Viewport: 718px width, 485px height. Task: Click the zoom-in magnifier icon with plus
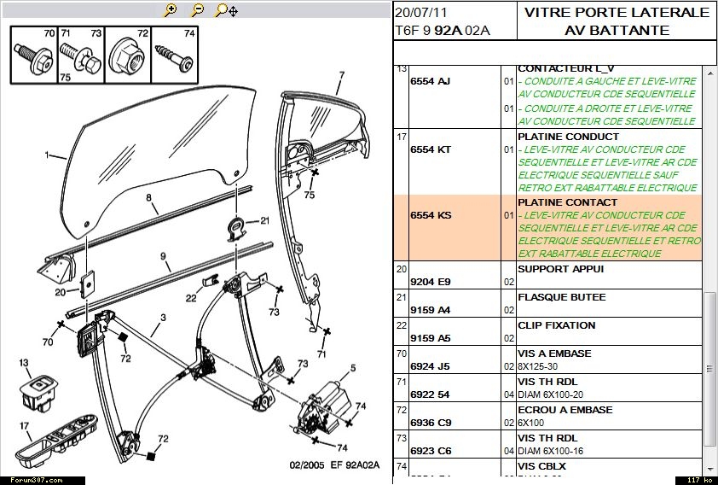click(171, 10)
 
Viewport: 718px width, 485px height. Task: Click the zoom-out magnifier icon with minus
click(197, 10)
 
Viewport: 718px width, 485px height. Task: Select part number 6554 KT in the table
click(431, 149)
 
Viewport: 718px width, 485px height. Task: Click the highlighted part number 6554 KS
click(431, 215)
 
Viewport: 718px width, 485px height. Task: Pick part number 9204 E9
click(431, 281)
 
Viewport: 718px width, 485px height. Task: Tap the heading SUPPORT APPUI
click(560, 269)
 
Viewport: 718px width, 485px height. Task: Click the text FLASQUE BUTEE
click(561, 297)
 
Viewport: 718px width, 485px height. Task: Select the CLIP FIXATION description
click(556, 325)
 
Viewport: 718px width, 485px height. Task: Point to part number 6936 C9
click(431, 422)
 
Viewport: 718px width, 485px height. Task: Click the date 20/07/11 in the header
click(420, 13)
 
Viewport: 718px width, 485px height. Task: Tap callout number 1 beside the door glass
click(47, 155)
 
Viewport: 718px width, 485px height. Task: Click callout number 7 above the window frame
click(340, 75)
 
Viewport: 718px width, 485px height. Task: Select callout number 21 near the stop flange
click(264, 220)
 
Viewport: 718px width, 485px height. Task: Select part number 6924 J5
click(431, 365)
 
